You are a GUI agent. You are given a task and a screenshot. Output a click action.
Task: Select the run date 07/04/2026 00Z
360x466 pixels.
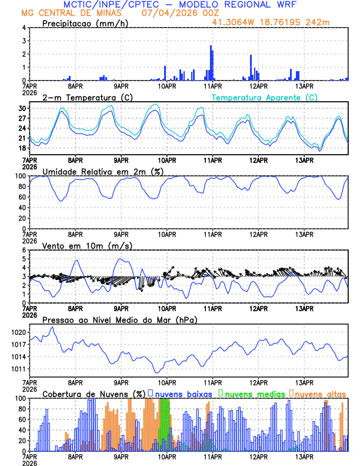click(x=176, y=13)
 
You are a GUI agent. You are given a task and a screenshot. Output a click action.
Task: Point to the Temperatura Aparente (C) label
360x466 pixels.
click(x=264, y=97)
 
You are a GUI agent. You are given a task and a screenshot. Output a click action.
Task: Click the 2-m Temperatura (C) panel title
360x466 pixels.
click(x=82, y=97)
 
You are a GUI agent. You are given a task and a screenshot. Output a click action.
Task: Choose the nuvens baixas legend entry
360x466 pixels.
click(x=182, y=393)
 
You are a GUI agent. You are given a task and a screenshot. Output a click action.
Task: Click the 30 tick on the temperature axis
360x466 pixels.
click(x=22, y=108)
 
